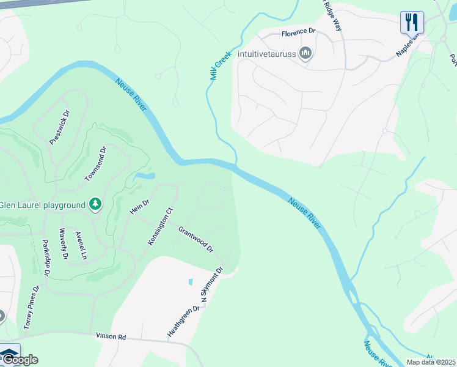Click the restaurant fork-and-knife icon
[412, 23]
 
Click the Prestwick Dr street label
[59, 127]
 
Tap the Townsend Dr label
[96, 163]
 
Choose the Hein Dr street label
[140, 207]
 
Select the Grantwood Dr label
[196, 239]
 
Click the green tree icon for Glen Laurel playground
[95, 204]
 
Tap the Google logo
[20, 360]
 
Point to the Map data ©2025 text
[431, 362]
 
